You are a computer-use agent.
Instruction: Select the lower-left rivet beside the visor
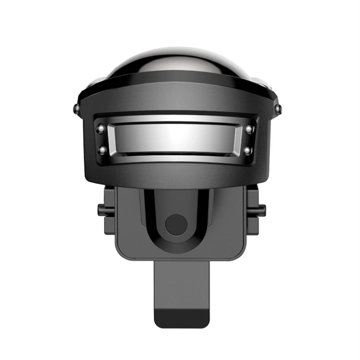[100, 149]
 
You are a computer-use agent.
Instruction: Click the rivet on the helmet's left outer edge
[74, 109]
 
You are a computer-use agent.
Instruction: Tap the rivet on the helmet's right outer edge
[279, 109]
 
